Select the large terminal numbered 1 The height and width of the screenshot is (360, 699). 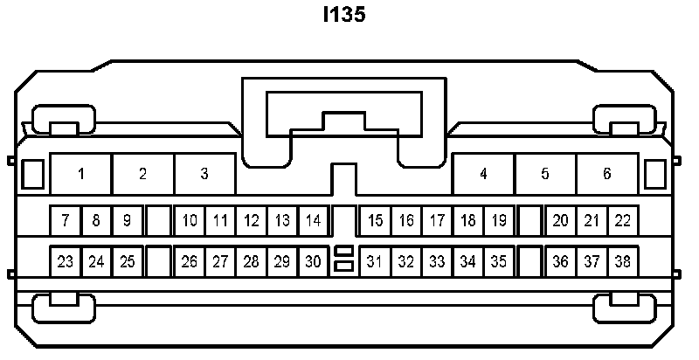coord(81,173)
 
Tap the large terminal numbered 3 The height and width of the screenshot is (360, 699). coord(204,173)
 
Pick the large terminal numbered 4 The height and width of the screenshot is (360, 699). coord(483,173)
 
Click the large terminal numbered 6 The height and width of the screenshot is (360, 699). coord(607,173)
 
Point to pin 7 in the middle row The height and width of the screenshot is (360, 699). coord(66,220)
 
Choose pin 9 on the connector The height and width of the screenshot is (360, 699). coord(127,220)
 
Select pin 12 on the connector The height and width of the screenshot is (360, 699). coord(252,220)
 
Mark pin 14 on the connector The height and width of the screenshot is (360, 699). coord(313,220)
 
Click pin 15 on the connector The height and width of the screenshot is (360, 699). coord(376,220)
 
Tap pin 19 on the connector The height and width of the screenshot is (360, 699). coord(499,220)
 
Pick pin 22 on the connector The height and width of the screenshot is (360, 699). coord(622,220)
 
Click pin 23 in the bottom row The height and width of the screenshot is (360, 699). coord(66,261)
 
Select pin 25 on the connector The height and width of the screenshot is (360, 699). coord(127,261)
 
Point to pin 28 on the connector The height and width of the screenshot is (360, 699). coord(252,261)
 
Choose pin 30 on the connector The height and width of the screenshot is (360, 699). coord(313,261)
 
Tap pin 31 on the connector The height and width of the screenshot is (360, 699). coord(376,261)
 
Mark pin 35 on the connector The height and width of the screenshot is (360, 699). coord(499,261)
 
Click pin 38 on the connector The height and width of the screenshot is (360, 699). coord(622,261)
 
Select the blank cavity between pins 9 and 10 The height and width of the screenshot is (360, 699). coord(158,220)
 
